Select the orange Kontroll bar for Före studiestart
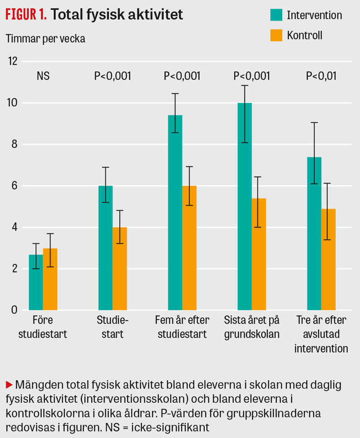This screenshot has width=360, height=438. (50, 279)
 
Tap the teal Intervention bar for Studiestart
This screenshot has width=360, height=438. (105, 248)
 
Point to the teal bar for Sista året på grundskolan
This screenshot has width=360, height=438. (244, 206)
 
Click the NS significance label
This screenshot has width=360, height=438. (43, 76)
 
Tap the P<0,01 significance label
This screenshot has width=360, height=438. (321, 76)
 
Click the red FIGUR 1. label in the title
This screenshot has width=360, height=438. (26, 15)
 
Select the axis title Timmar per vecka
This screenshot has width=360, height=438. (45, 38)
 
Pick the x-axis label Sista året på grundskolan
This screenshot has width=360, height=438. (252, 327)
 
